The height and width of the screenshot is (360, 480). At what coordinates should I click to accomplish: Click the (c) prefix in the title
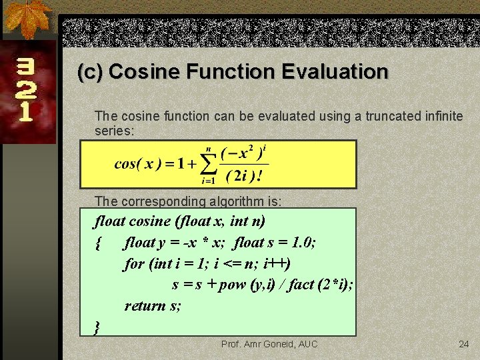(90, 71)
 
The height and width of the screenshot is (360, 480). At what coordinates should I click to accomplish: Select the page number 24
(464, 344)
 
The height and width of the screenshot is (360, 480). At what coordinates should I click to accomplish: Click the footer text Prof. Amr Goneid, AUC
(269, 344)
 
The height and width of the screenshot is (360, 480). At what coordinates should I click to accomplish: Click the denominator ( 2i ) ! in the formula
(243, 176)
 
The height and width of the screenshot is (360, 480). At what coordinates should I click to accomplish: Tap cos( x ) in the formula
(134, 163)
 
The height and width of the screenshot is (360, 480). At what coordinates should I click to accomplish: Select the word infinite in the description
(441, 116)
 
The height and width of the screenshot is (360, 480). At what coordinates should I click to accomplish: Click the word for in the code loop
(134, 263)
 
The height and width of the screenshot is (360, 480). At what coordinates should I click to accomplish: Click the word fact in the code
(301, 285)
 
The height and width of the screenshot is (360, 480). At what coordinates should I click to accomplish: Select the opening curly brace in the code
(99, 243)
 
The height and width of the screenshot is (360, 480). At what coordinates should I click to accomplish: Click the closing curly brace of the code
(98, 327)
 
